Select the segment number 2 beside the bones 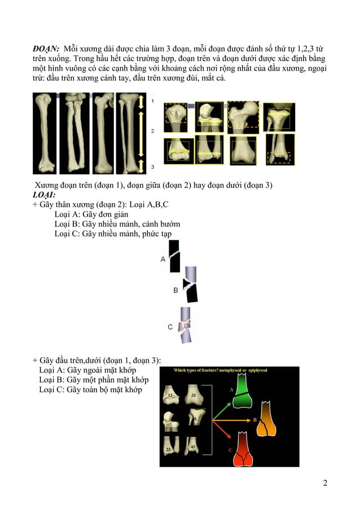click(x=151, y=130)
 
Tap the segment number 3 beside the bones click(x=151, y=167)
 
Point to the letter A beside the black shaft click(x=163, y=259)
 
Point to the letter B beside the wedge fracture click(x=175, y=290)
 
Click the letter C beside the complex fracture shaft click(x=170, y=327)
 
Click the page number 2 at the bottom click(x=326, y=482)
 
